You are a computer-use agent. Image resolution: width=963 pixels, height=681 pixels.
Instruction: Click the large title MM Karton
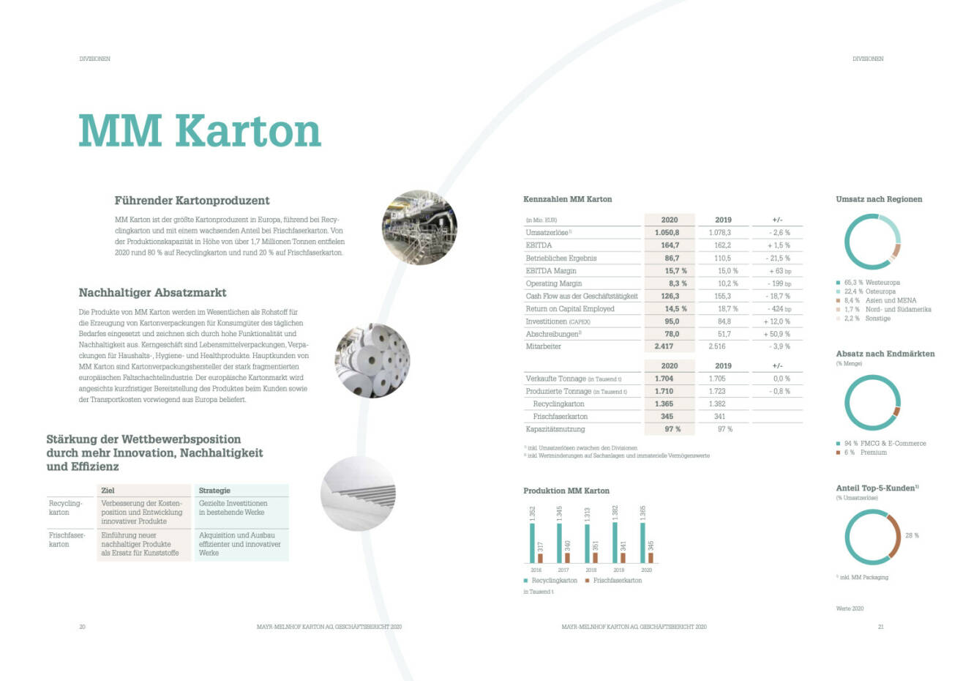click(x=200, y=131)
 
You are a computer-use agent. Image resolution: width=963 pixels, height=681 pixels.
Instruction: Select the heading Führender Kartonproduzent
click(x=192, y=201)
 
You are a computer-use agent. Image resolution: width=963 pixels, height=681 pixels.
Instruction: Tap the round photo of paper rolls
click(x=372, y=360)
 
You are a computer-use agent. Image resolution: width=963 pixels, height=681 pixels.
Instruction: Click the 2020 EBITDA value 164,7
click(x=670, y=245)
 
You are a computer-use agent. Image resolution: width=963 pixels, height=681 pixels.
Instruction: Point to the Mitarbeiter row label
click(x=543, y=346)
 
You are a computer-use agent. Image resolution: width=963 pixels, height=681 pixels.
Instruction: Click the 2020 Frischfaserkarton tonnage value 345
click(x=667, y=417)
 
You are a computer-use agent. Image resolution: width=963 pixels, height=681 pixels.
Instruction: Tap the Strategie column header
click(x=214, y=491)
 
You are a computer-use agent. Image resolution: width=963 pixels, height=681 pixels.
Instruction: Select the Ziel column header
click(x=108, y=491)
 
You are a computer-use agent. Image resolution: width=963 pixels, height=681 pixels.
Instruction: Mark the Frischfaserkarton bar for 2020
click(x=651, y=557)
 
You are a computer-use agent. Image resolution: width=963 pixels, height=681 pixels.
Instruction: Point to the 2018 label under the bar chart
click(x=591, y=570)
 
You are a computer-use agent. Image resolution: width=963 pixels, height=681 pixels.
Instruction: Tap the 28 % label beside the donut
click(x=912, y=535)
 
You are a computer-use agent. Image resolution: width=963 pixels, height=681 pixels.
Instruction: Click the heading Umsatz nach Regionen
click(x=879, y=199)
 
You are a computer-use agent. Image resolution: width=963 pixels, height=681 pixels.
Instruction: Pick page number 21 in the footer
click(x=881, y=627)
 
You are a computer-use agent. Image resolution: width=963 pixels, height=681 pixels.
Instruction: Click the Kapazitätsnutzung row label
click(x=555, y=429)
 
